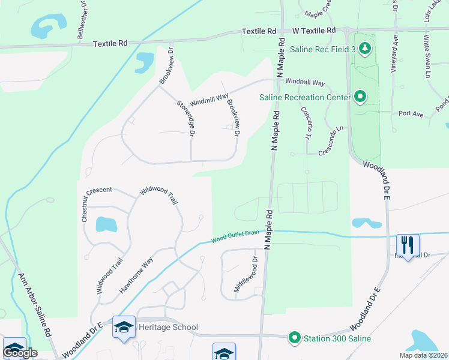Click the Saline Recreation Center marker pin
coord(360,97)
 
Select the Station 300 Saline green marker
coord(294,338)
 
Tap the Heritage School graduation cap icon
coord(124,327)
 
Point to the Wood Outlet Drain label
coord(235,238)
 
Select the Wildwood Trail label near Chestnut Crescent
coord(159,195)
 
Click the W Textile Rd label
coord(315,30)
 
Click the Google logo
coord(20,353)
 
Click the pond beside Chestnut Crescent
coord(106,224)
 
